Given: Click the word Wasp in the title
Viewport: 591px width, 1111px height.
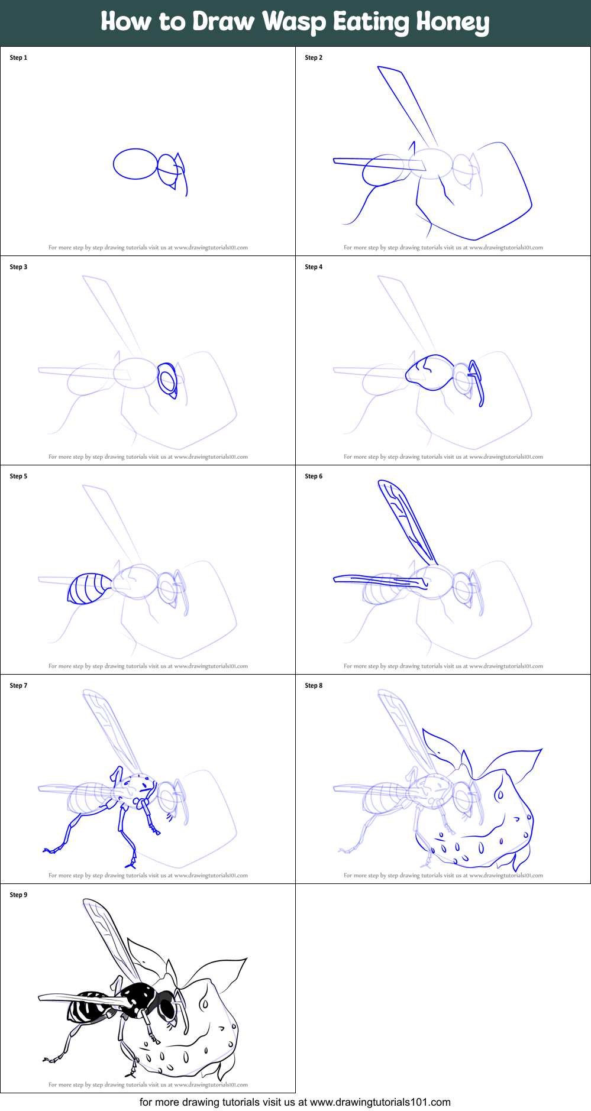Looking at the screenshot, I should coord(293,22).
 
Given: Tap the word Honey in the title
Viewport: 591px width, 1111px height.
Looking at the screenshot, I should coord(453,22).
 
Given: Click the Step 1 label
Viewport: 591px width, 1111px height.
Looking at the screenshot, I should coord(18,57).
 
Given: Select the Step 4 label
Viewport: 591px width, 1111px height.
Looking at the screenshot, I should coord(314,267).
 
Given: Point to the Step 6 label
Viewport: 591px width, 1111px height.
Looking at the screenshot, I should coord(314,476).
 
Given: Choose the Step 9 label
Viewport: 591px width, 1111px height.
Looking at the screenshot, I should coord(18,895).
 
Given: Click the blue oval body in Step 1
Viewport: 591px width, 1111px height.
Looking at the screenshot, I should coord(135,164).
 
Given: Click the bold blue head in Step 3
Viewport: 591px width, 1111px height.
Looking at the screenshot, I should coord(168,380).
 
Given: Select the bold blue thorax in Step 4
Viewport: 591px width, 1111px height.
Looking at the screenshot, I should coord(432,373).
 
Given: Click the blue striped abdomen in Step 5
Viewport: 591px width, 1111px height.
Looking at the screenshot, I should coord(89,588).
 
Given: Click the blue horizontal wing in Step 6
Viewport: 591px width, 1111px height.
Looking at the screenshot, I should coord(379,580).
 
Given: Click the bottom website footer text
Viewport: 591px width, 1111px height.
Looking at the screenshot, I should coord(295,1102).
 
